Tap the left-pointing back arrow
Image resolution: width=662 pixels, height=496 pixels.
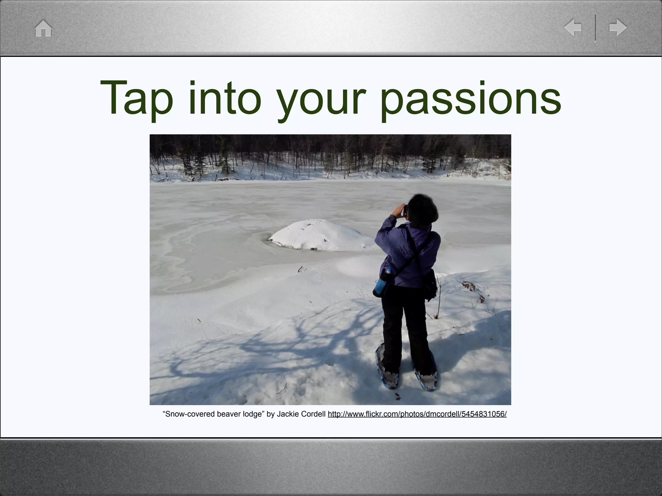tap(572, 27)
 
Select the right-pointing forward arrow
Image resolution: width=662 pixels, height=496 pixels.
tap(618, 27)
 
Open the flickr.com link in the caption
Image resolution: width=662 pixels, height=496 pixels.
tap(417, 414)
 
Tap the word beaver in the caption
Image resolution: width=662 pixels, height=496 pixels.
tap(229, 414)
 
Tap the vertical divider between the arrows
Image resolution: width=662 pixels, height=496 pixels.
tap(595, 27)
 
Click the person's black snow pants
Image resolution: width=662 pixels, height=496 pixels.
tap(404, 323)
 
